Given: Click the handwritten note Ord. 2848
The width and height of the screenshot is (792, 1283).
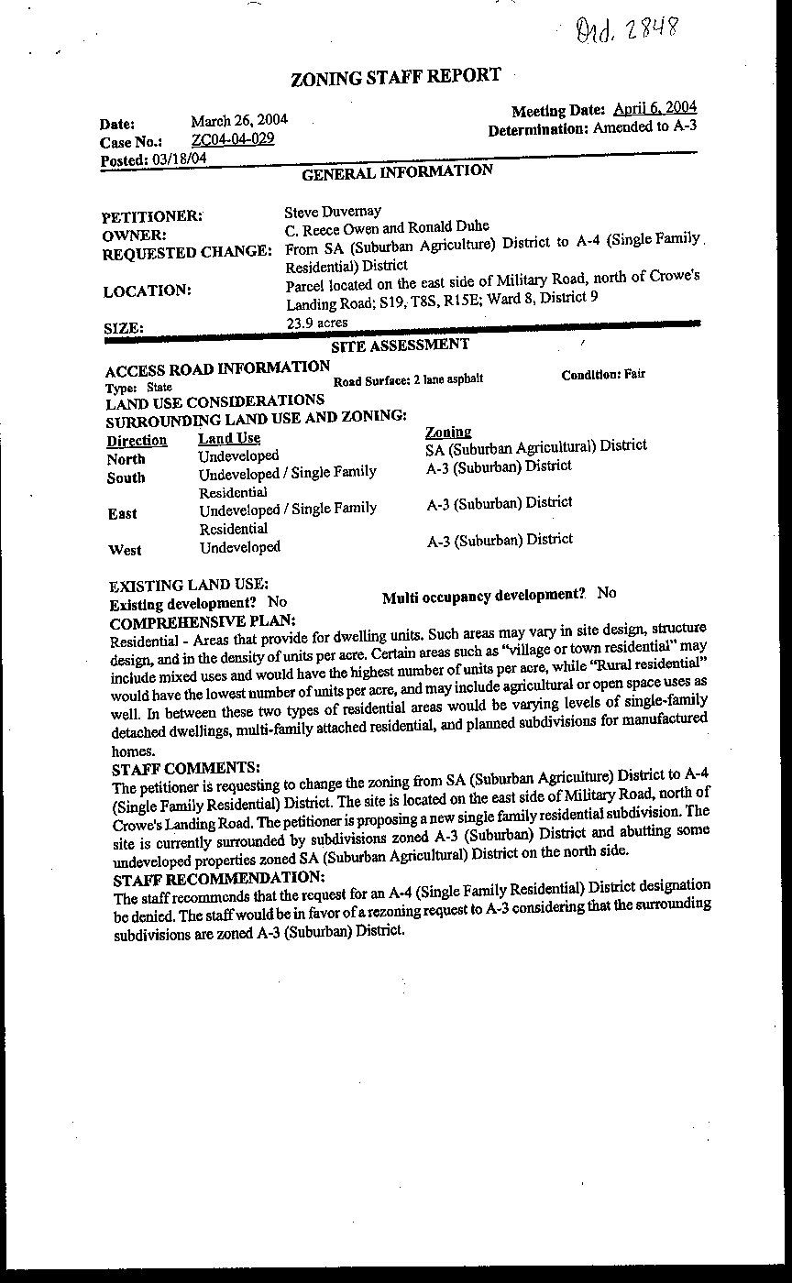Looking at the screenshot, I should [628, 31].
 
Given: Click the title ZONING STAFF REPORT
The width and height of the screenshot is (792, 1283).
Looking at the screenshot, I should [395, 78].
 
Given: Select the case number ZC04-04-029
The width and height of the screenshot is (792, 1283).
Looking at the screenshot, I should [232, 139].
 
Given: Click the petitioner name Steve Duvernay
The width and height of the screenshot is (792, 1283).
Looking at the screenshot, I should [333, 212].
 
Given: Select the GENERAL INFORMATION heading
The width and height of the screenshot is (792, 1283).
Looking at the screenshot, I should [397, 171].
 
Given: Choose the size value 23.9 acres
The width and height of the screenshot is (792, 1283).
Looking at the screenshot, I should [316, 323].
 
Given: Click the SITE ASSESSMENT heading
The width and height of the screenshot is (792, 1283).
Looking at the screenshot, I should [400, 345].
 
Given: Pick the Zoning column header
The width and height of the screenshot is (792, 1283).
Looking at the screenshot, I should [448, 432].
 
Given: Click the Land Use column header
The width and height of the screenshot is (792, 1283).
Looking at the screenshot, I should [229, 439].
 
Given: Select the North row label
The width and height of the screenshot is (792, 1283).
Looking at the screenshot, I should [126, 459].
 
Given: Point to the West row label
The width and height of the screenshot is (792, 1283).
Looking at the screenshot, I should [125, 550].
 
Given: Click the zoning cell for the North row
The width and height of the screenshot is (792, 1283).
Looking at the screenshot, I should [536, 446].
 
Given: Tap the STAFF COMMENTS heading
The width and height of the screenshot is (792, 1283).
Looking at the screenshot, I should [185, 767].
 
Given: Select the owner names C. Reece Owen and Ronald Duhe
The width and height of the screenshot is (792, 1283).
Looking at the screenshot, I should [387, 227].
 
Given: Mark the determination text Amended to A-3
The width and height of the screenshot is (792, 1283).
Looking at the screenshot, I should [644, 126].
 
